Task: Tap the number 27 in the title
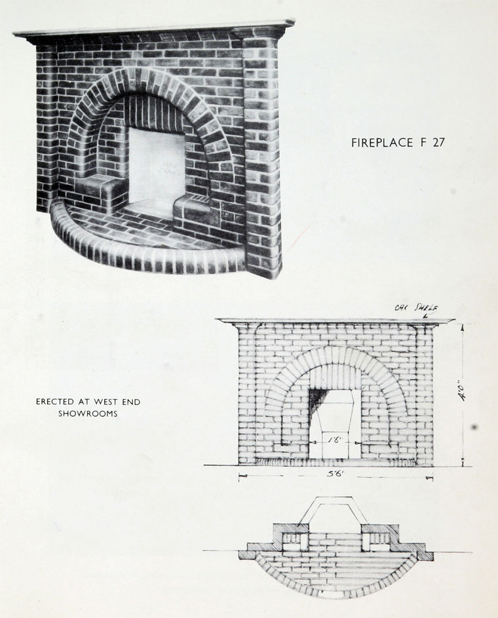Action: (x=438, y=143)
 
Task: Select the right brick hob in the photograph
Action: (x=191, y=209)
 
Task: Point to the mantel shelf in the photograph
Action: (x=154, y=29)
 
